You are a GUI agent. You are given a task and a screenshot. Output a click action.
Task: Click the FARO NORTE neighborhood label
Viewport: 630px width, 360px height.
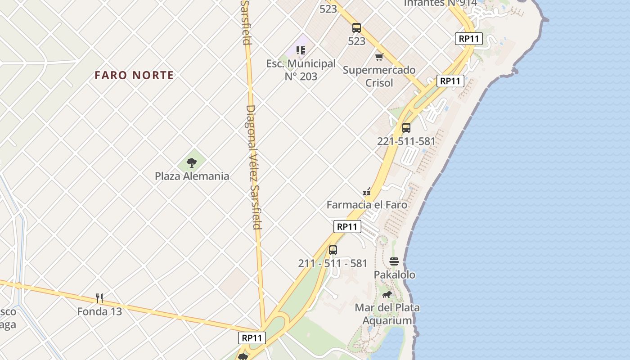click(x=134, y=75)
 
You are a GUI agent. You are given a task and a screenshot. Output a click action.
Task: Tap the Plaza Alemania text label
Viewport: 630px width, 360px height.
click(x=192, y=176)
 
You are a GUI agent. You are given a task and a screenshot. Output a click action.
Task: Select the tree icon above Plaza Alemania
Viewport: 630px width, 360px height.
click(x=192, y=163)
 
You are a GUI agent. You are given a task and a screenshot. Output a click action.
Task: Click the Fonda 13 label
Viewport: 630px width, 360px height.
click(x=99, y=311)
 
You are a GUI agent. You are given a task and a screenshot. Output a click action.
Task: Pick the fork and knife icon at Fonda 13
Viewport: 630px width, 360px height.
click(x=99, y=298)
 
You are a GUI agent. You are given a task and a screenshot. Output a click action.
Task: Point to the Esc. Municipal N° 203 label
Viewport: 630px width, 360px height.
click(x=301, y=70)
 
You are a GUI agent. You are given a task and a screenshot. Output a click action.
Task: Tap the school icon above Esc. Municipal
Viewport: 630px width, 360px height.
click(x=301, y=50)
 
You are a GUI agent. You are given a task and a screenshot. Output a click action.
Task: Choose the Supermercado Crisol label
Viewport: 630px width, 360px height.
click(x=379, y=76)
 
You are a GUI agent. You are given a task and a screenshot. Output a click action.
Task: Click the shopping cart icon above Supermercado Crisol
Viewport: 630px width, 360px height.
click(x=379, y=57)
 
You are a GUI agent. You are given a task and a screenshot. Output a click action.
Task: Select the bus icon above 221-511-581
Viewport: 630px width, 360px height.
click(x=406, y=127)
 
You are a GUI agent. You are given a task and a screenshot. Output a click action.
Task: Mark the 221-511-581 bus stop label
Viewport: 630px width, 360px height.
click(x=406, y=141)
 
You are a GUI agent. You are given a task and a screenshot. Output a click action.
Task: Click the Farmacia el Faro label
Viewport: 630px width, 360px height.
click(x=367, y=205)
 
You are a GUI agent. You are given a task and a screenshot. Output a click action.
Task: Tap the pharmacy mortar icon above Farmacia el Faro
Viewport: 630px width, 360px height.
click(x=367, y=192)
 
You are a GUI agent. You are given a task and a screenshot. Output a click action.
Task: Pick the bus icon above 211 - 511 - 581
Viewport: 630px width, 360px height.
click(x=333, y=250)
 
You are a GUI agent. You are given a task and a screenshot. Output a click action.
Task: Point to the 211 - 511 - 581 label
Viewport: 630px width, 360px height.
click(x=333, y=263)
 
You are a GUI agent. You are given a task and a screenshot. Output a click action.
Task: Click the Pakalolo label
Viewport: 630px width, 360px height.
click(x=395, y=274)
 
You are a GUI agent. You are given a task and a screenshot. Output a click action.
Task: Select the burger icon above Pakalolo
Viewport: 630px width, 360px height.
click(x=394, y=261)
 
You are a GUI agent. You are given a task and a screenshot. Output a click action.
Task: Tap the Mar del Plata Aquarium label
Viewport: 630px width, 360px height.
click(x=387, y=314)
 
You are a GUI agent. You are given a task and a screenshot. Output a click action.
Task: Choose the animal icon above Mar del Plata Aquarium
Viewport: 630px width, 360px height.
click(x=387, y=295)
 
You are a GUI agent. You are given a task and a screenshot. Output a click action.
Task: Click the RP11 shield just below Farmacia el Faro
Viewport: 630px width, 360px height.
click(x=347, y=226)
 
